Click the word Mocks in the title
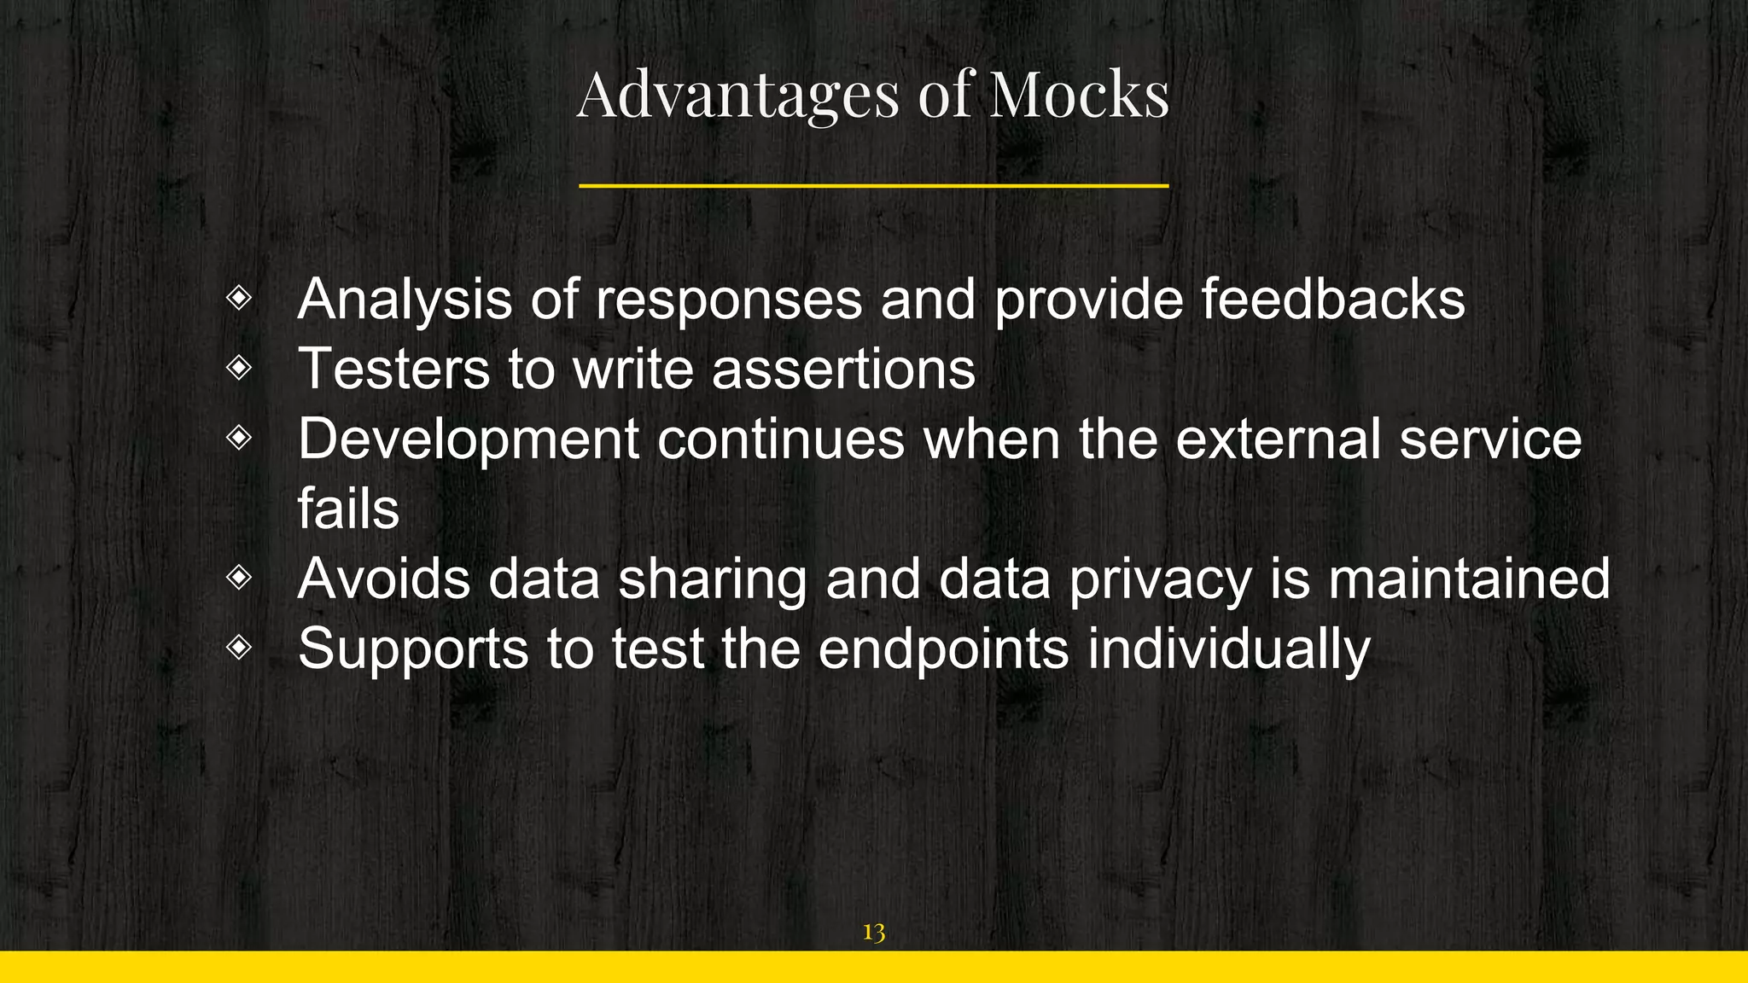[1079, 94]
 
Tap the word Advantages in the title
[738, 96]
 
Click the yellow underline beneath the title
[873, 185]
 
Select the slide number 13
[873, 932]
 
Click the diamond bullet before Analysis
[239, 298]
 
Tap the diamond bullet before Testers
[239, 368]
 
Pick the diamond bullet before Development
[239, 438]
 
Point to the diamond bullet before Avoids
[239, 578]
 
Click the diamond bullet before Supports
[239, 648]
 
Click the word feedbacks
[1333, 300]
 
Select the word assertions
[843, 369]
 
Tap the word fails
[348, 509]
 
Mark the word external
[1278, 439]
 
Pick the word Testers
[393, 369]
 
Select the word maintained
[1469, 579]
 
